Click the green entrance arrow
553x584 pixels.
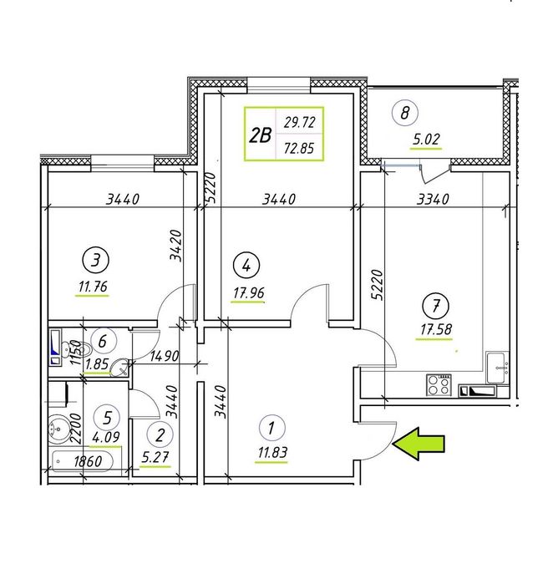point(418,443)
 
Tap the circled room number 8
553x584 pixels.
point(405,113)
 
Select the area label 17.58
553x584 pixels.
point(436,329)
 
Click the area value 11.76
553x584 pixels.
point(93,287)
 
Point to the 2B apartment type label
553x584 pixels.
point(260,135)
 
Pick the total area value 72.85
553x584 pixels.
point(299,149)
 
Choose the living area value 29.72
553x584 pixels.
point(299,122)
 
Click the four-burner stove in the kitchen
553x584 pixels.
point(439,385)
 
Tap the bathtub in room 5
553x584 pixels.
point(83,462)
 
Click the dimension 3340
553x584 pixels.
point(433,200)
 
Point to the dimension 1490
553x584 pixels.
point(165,356)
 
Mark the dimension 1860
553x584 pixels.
point(88,462)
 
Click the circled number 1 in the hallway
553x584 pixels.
point(271,427)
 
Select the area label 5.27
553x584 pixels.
point(155,457)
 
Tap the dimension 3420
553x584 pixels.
point(175,246)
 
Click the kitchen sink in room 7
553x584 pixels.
point(497,367)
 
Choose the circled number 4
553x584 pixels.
point(246,266)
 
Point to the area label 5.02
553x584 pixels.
point(426,140)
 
